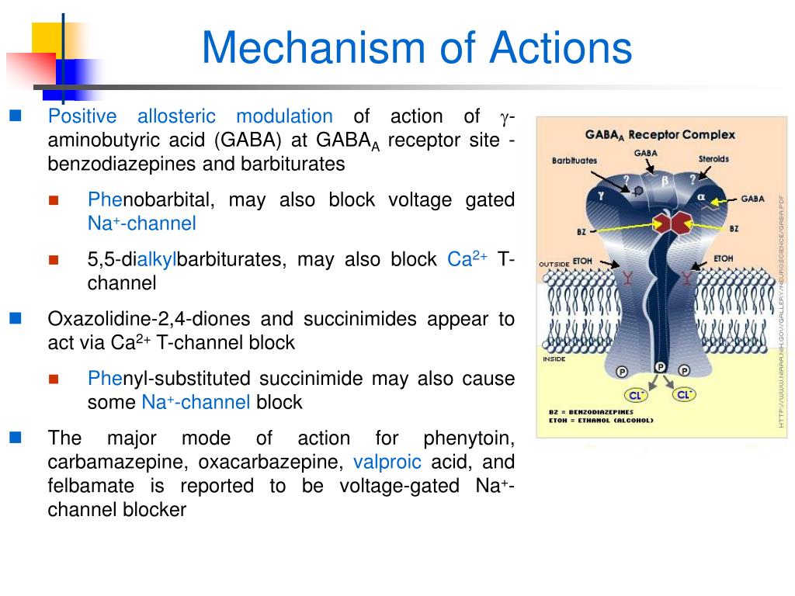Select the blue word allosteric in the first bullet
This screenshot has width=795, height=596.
[176, 116]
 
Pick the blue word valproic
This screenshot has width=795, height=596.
[387, 463]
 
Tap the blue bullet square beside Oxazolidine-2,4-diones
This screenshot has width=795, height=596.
[15, 317]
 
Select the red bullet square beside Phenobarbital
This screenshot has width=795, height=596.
[54, 199]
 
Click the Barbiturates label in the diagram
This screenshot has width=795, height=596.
[575, 160]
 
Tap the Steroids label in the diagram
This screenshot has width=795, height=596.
[713, 159]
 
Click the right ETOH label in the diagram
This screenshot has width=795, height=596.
[723, 258]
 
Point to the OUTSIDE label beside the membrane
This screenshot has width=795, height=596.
[554, 265]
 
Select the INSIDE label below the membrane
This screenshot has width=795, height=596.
[554, 359]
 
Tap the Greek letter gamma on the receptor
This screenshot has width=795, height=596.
[600, 196]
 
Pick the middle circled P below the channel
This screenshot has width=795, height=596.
[660, 367]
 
